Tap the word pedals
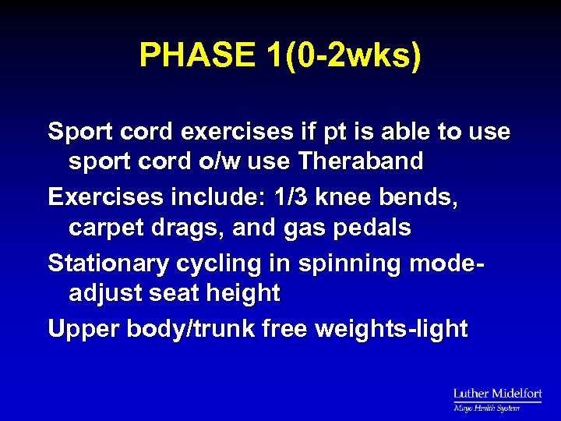371,228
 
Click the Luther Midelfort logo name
497,394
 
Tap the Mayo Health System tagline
486,407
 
